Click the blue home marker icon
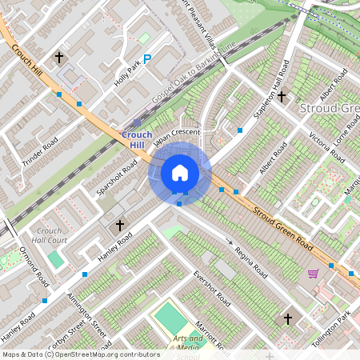coord(180,172)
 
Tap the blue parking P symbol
coord(146,58)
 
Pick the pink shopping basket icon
coord(313,274)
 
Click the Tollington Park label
coord(331,329)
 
